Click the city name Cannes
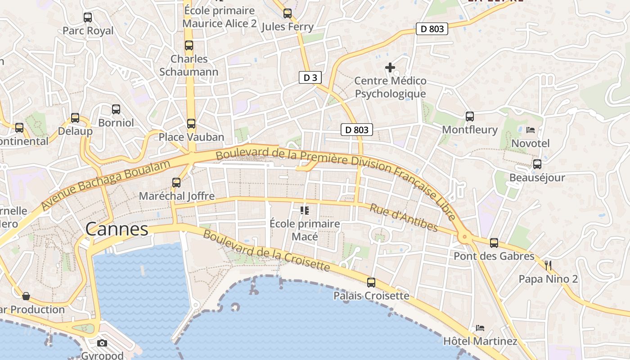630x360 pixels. (x=117, y=229)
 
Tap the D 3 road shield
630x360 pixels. (x=310, y=78)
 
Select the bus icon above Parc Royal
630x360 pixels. (x=88, y=18)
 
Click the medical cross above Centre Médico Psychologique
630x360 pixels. (x=390, y=68)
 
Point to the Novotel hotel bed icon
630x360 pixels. (x=531, y=130)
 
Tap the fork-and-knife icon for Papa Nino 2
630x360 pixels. (x=548, y=265)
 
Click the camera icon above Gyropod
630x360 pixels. (x=102, y=343)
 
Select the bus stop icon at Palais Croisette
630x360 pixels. (x=371, y=283)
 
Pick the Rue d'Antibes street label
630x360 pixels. (x=404, y=217)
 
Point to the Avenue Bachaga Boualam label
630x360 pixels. (x=106, y=184)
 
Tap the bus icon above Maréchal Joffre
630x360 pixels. (x=176, y=183)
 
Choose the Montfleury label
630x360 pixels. (x=469, y=130)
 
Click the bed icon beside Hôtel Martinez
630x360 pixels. (x=480, y=328)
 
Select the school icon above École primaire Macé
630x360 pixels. (x=305, y=210)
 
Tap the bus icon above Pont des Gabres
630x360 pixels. (x=494, y=243)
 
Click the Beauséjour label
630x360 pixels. (x=537, y=178)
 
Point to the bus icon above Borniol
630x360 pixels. (x=116, y=109)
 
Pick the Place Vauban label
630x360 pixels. (x=191, y=137)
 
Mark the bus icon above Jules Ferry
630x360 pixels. (x=287, y=13)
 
